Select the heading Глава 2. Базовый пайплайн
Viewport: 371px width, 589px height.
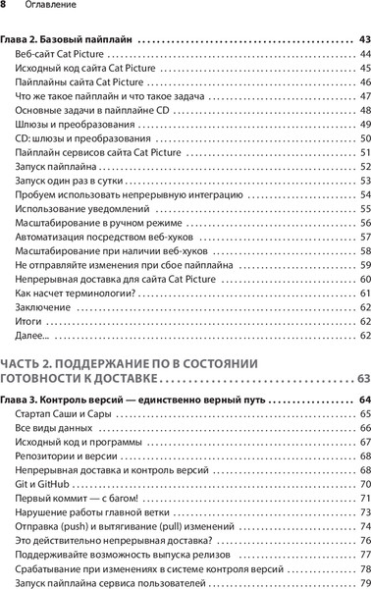point(67,40)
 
